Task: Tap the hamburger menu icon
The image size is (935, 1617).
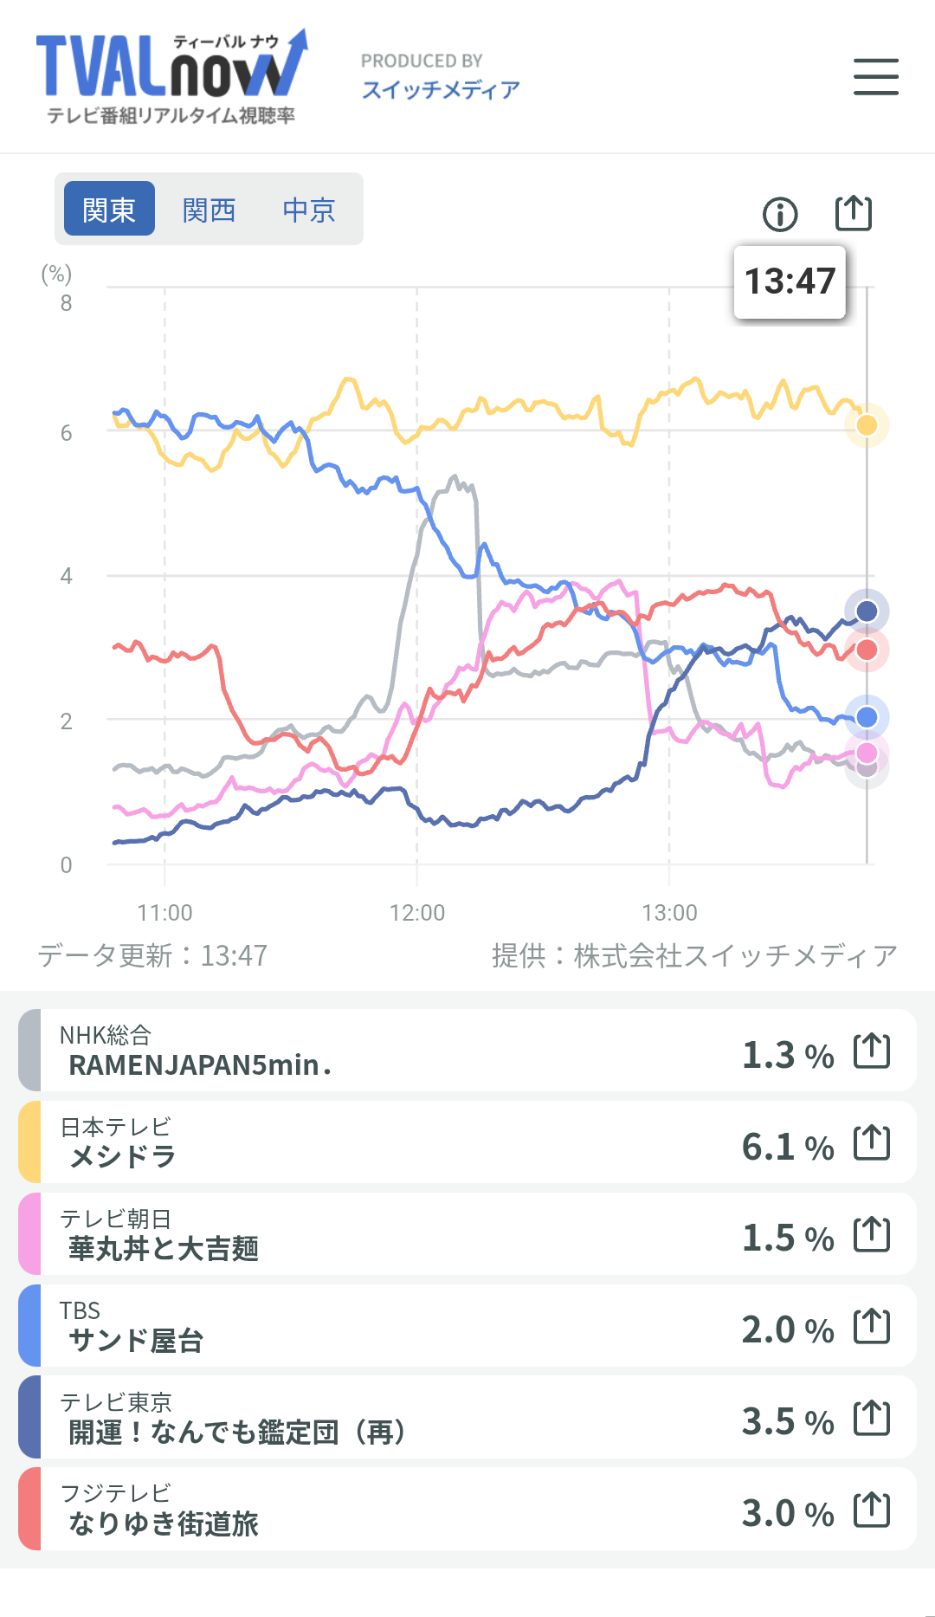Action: (875, 76)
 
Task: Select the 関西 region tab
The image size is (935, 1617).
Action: (209, 210)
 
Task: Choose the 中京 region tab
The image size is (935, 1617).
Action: (309, 210)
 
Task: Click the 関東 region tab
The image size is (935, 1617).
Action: (109, 209)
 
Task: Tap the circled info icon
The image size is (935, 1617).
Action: (780, 214)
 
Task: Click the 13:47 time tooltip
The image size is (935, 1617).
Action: (790, 281)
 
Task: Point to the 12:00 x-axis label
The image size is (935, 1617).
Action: (417, 913)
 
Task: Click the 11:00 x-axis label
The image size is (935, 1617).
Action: (164, 913)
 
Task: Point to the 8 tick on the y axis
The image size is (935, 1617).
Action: (66, 303)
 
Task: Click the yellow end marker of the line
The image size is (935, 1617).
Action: (867, 425)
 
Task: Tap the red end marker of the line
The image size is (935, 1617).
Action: (867, 650)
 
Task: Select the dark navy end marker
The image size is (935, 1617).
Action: (867, 611)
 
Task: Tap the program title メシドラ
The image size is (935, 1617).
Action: (123, 1156)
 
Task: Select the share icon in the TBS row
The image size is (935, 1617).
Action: (872, 1326)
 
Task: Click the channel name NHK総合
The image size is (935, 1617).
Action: (106, 1035)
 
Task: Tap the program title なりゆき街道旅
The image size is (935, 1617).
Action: (164, 1523)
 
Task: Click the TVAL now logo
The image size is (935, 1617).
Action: (171, 77)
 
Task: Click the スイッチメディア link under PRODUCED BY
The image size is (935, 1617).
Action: (441, 90)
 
